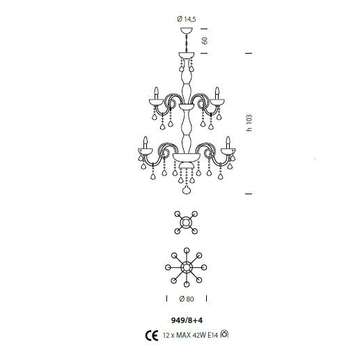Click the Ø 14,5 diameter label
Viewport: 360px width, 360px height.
187,19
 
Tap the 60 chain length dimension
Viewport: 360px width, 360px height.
205,40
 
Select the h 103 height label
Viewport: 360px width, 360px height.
249,123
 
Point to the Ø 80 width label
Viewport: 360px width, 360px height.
187,299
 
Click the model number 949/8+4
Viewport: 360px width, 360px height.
187,320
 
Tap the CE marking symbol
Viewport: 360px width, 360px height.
152,336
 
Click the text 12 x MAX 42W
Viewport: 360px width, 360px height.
185,335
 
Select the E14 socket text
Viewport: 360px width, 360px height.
213,335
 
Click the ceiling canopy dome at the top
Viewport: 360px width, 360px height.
187,30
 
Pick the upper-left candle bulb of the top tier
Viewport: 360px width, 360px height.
157,93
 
